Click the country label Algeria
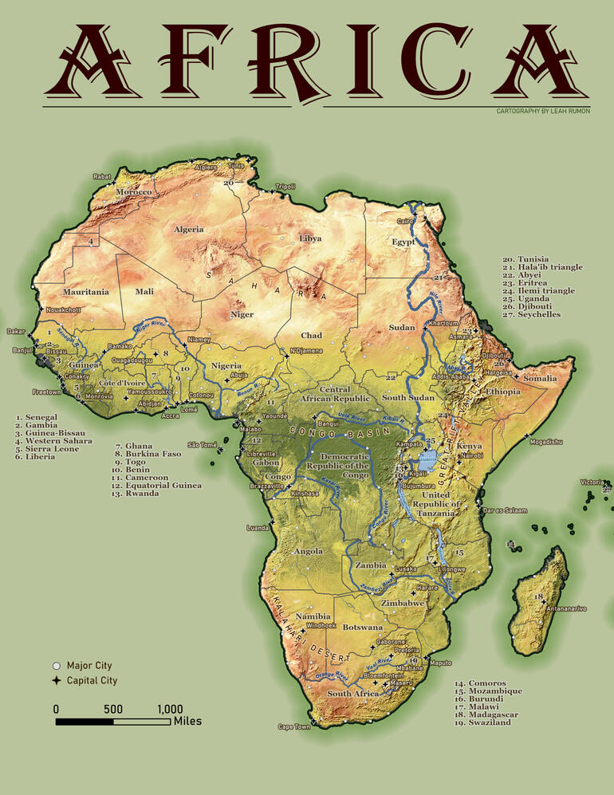(x=189, y=230)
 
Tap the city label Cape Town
(x=293, y=726)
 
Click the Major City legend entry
(x=89, y=665)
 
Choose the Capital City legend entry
(x=92, y=680)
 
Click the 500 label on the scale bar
(x=112, y=709)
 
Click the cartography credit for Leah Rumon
(x=542, y=111)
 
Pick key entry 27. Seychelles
(x=531, y=314)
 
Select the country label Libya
(x=310, y=238)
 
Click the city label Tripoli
(x=285, y=187)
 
